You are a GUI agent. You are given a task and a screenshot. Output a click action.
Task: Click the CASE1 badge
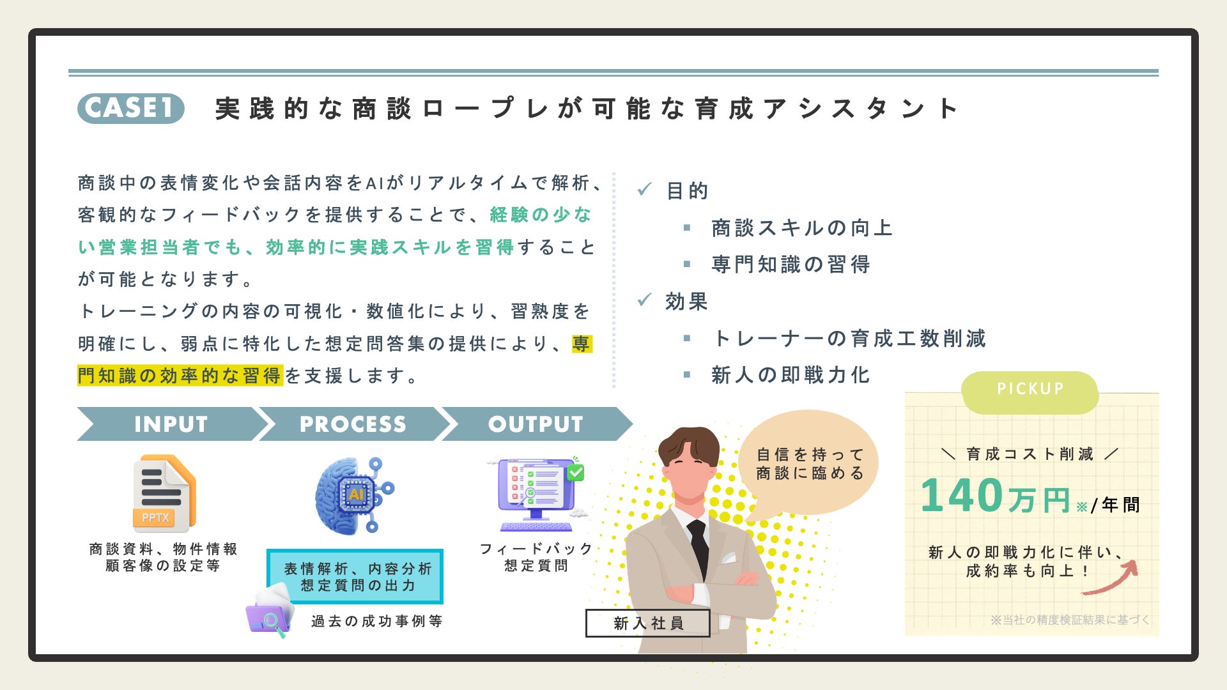(131, 108)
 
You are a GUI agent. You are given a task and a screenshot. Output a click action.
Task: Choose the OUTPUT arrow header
(536, 424)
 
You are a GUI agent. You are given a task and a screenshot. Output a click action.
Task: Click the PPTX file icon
(164, 493)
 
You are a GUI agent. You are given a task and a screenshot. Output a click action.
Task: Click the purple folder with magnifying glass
(270, 613)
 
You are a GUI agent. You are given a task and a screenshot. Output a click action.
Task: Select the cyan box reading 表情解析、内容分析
(355, 577)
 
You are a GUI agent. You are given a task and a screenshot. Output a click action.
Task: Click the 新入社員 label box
(647, 623)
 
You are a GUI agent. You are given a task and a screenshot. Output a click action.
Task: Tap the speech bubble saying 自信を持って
(809, 464)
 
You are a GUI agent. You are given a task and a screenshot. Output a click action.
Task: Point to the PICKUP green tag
(1030, 389)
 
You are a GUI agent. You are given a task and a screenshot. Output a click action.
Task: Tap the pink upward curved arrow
(1112, 578)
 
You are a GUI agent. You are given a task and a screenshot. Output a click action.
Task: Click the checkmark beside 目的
(644, 189)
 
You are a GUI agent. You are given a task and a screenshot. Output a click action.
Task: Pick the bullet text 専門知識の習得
(791, 264)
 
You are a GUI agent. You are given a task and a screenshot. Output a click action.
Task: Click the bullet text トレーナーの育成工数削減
(849, 339)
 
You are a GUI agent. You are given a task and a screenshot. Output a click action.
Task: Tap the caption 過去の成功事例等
(376, 621)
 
